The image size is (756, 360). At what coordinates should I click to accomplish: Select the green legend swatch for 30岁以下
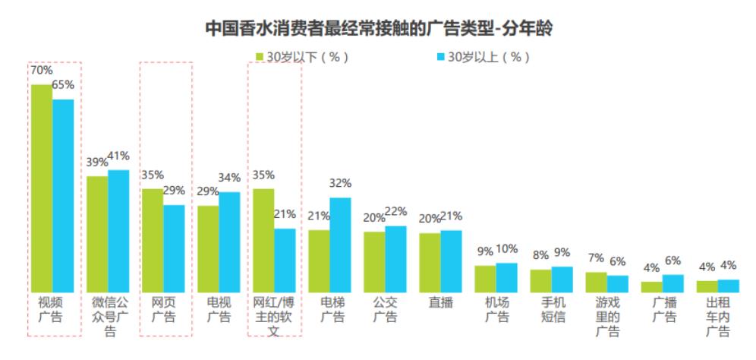pyautogui.click(x=260, y=57)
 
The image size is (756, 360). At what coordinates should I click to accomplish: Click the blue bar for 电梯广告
pyautogui.click(x=340, y=245)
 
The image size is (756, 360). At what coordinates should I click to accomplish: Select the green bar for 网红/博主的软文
pyautogui.click(x=263, y=240)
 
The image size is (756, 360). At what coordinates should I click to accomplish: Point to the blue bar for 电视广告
pyautogui.click(x=229, y=242)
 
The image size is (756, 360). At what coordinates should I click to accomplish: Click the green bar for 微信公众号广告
pyautogui.click(x=97, y=234)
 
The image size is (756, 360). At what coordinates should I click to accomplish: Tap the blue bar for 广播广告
pyautogui.click(x=673, y=283)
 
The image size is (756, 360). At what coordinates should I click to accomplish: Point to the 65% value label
pyautogui.click(x=63, y=85)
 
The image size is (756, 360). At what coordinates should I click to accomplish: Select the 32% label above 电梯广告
pyautogui.click(x=341, y=183)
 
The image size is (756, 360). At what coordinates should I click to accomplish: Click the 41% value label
pyautogui.click(x=118, y=156)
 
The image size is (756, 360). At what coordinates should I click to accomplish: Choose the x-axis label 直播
pyautogui.click(x=441, y=302)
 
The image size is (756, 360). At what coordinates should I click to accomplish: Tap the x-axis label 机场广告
pyautogui.click(x=496, y=309)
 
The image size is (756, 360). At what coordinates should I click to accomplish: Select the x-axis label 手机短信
pyautogui.click(x=552, y=309)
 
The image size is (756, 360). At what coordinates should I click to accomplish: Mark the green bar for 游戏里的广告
pyautogui.click(x=597, y=281)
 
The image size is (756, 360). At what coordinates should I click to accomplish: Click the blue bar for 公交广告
pyautogui.click(x=395, y=258)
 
